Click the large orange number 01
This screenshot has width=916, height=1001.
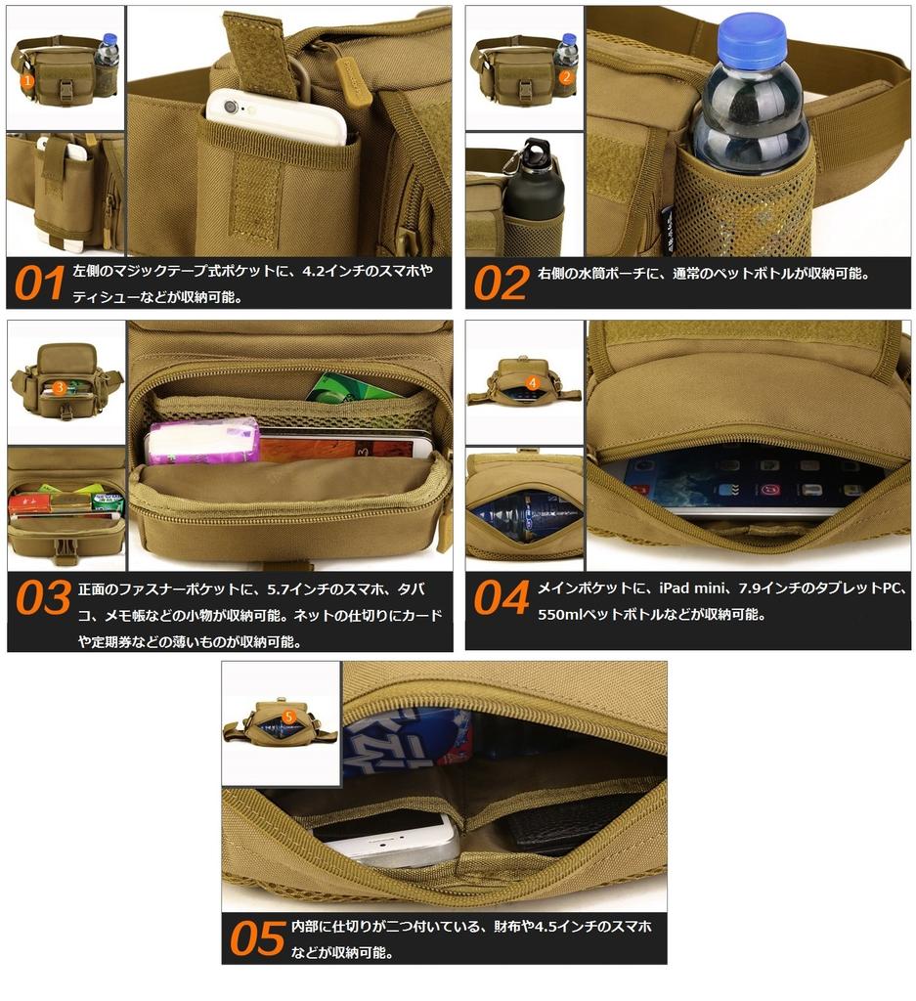[x=39, y=283]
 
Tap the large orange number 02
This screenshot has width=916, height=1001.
[x=501, y=283]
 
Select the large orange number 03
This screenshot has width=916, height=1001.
[x=44, y=599]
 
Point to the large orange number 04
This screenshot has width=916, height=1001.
[x=502, y=599]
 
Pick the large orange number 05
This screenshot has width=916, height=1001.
[x=258, y=938]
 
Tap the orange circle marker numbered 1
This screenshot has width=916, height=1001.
[x=28, y=82]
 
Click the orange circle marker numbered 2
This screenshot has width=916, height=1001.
[x=565, y=76]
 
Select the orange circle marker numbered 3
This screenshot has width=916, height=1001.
[x=60, y=388]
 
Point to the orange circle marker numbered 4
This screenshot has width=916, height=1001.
[x=532, y=382]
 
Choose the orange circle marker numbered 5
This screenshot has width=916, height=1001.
[x=288, y=717]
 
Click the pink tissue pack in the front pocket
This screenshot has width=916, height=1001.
[x=201, y=441]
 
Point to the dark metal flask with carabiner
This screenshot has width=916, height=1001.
[x=534, y=191]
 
